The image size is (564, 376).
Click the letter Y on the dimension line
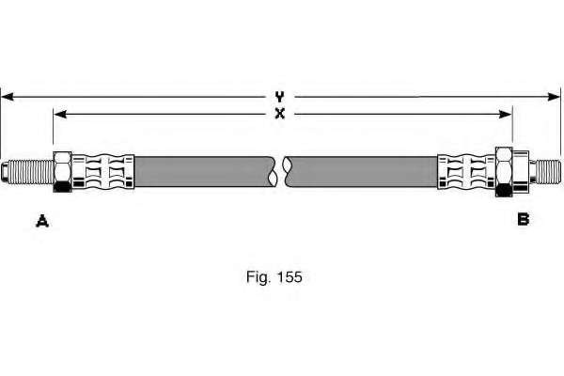[279, 97]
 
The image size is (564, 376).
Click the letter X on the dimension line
[279, 114]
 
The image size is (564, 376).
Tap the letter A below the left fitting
[42, 221]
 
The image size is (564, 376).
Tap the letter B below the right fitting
[524, 219]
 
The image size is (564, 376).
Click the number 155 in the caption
[290, 277]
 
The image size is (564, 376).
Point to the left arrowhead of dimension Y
[8, 97]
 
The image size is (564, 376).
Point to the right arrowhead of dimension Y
[554, 97]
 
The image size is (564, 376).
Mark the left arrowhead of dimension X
[60, 115]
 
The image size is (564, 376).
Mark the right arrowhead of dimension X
[506, 115]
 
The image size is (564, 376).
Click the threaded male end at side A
[27, 172]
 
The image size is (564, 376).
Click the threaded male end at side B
[545, 172]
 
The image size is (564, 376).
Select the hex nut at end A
[63, 172]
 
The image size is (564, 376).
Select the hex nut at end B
[504, 172]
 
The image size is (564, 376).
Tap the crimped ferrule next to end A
[103, 172]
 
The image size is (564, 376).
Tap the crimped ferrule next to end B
[466, 172]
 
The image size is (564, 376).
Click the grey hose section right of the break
[360, 172]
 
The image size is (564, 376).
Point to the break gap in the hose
[280, 172]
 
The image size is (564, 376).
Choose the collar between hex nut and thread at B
[521, 172]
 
